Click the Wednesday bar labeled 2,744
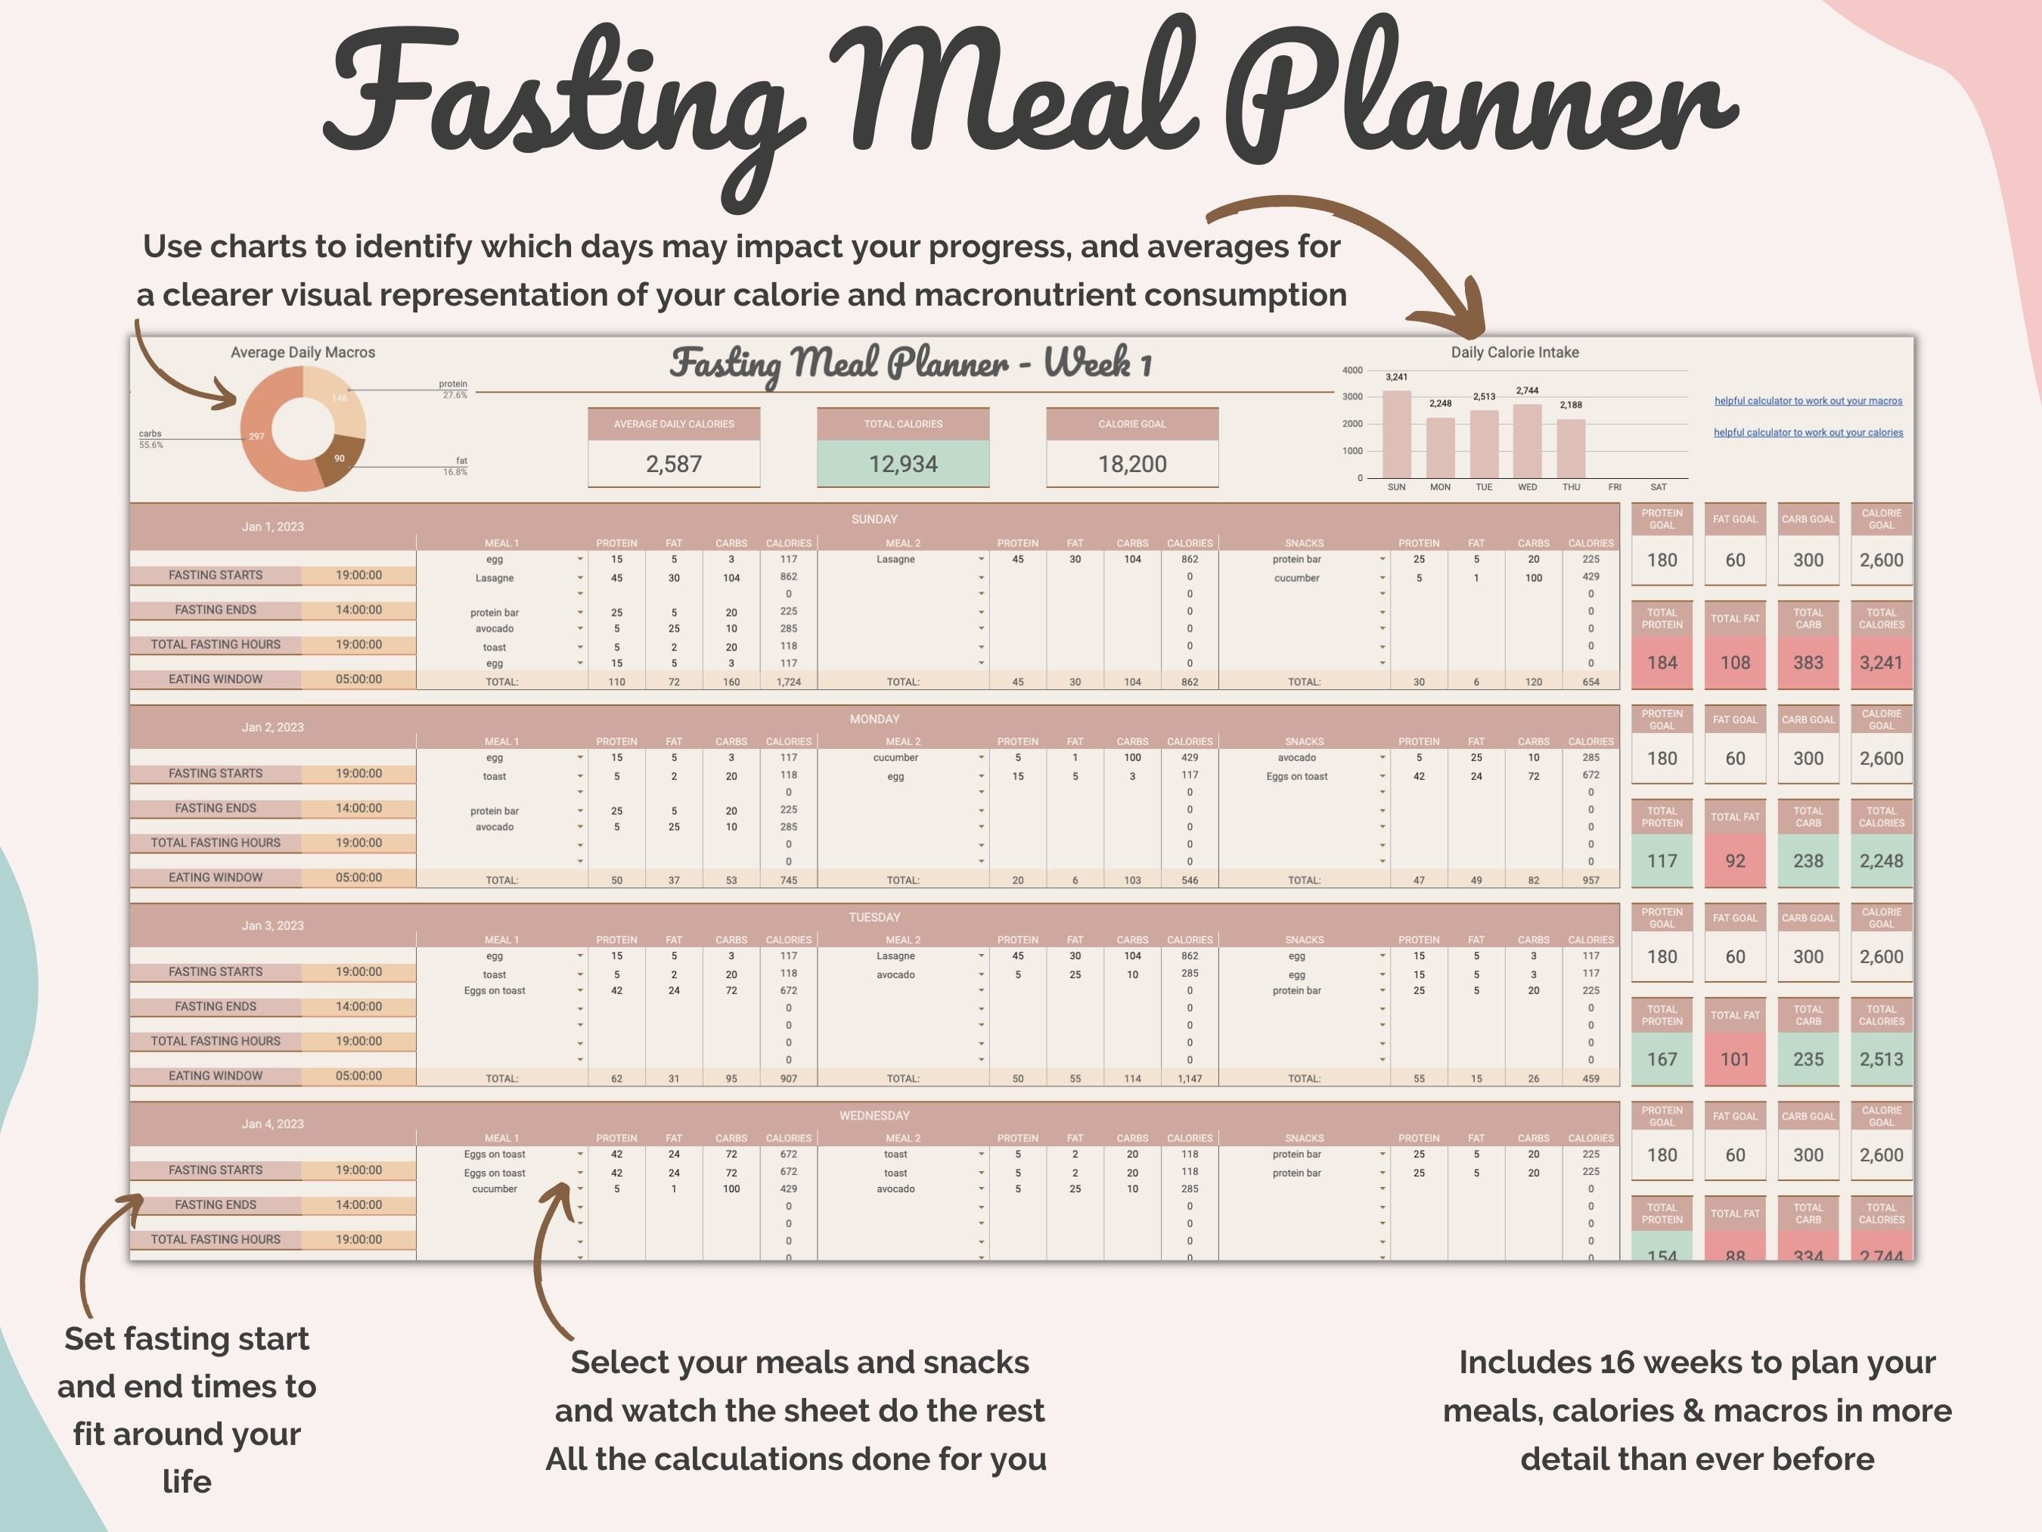coord(1527,440)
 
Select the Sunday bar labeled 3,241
coord(1396,434)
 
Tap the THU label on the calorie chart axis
coord(1570,486)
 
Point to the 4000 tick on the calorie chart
coord(1352,370)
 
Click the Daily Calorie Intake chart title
coord(1514,352)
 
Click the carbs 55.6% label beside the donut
coord(151,439)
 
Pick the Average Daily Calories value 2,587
coord(674,464)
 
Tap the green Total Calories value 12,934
coord(903,464)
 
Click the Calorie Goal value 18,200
coord(1131,464)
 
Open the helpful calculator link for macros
coord(1808,401)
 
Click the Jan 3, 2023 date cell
coord(272,925)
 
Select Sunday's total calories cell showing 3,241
coord(1880,662)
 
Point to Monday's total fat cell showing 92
coord(1735,861)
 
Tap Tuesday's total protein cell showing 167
coord(1662,1059)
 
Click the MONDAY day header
coord(874,719)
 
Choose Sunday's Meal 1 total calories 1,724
coord(787,682)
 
